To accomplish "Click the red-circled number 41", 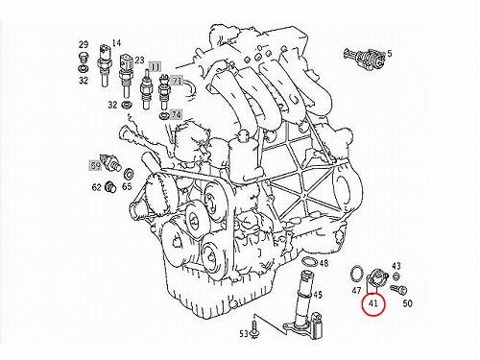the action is [x=373, y=302].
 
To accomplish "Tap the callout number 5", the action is [x=389, y=54].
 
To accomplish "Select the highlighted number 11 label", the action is [x=155, y=67].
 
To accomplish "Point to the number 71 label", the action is [x=177, y=81].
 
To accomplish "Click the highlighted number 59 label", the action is [x=95, y=166].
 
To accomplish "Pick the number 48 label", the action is [x=324, y=263].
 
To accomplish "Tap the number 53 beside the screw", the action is [x=244, y=334].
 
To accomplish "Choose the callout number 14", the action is [x=116, y=43].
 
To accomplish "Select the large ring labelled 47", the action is [x=356, y=273].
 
